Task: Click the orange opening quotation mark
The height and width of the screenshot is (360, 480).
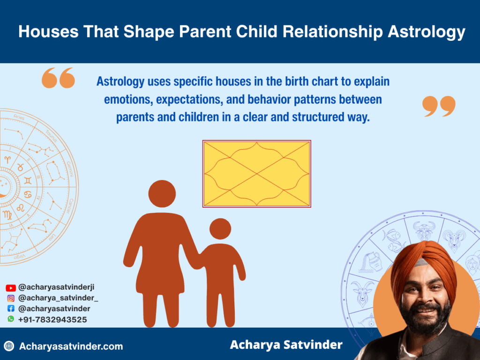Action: point(58,78)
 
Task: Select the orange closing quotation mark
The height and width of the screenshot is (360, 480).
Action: point(439,106)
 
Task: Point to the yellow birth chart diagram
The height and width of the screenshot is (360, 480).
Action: point(256,173)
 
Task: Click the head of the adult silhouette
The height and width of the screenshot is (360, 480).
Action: point(162,194)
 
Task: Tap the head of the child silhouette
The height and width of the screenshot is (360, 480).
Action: point(220,229)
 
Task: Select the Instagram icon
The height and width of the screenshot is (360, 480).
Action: point(11,298)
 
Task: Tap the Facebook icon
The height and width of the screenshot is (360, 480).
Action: point(11,309)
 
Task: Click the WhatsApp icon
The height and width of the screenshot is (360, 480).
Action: point(11,319)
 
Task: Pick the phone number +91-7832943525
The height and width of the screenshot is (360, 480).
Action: point(52,320)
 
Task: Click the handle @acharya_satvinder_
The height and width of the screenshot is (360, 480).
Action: point(58,298)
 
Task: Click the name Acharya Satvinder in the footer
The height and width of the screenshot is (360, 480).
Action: point(286,345)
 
